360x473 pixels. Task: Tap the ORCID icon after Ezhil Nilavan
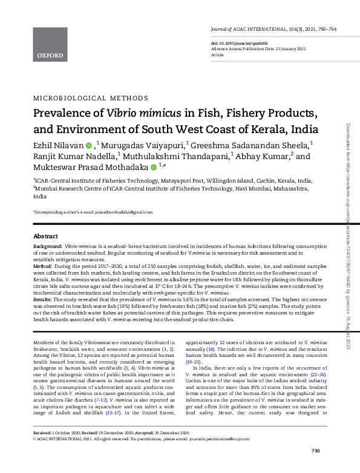(x=88, y=145)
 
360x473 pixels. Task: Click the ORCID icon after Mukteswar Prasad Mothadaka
(x=154, y=168)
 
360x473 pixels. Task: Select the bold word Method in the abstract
(x=42, y=266)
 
